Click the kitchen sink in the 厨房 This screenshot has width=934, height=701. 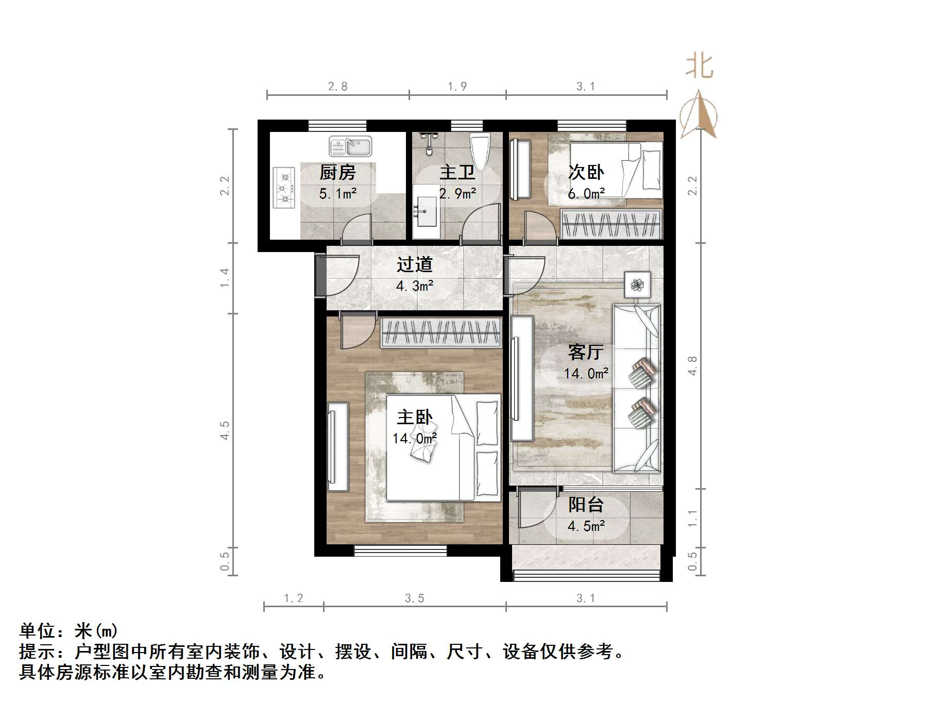point(350,147)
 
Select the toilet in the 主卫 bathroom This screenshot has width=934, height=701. point(480,150)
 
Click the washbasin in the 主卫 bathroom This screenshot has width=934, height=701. point(425,211)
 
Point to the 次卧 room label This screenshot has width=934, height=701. point(586,172)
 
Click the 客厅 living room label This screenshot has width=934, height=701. point(586,352)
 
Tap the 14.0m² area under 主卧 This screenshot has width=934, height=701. point(414,439)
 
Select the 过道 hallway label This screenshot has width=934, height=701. point(414,265)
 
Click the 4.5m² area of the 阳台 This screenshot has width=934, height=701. point(586,526)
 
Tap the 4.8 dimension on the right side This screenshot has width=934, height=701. point(692,365)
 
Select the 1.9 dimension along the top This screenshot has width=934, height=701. point(457,87)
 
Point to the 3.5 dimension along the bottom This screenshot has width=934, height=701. point(414,598)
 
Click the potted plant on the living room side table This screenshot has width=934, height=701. point(638,284)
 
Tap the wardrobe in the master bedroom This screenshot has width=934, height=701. point(440,332)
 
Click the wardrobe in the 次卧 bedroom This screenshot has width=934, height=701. point(611,225)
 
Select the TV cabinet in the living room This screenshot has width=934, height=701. point(521,379)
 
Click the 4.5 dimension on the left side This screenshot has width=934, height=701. point(225,430)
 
